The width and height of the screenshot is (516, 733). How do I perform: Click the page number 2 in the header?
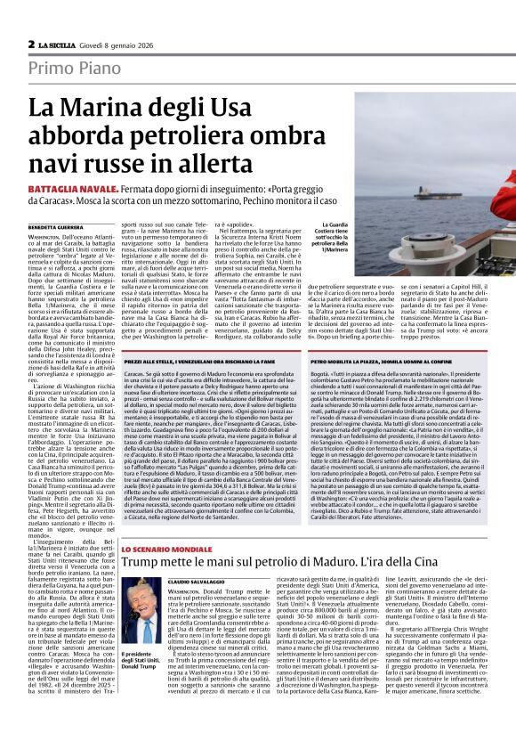31,44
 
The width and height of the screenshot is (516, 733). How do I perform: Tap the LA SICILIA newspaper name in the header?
60,45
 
